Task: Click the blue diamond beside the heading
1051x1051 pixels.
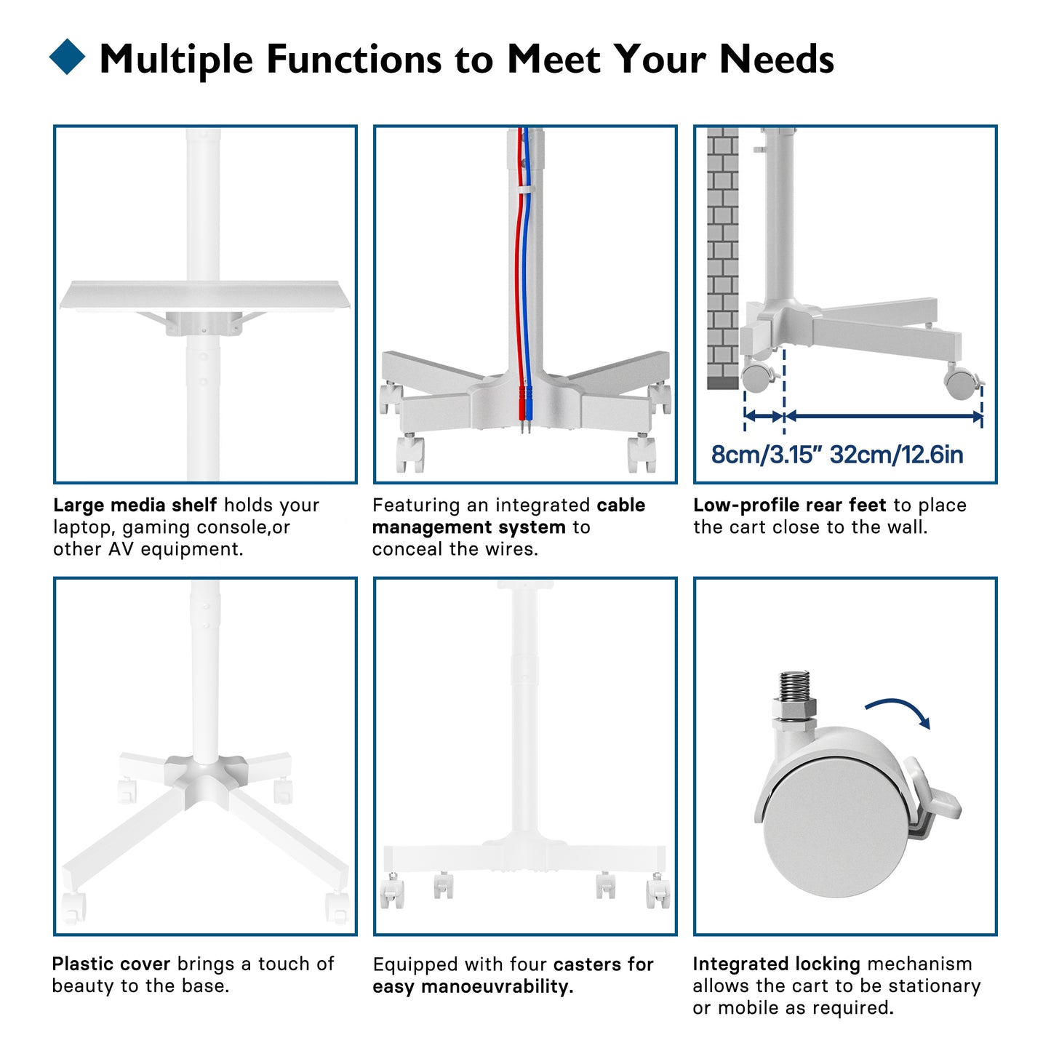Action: [67, 57]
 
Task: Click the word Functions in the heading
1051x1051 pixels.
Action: [354, 59]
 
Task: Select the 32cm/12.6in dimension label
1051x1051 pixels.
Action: [896, 455]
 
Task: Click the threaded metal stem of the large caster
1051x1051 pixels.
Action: [794, 687]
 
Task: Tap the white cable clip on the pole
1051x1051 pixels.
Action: [525, 188]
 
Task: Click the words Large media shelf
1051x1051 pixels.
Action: [135, 505]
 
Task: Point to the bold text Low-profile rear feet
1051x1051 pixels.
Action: [790, 505]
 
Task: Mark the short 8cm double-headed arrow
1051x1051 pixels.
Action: [764, 416]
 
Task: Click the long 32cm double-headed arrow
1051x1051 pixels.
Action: [883, 416]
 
